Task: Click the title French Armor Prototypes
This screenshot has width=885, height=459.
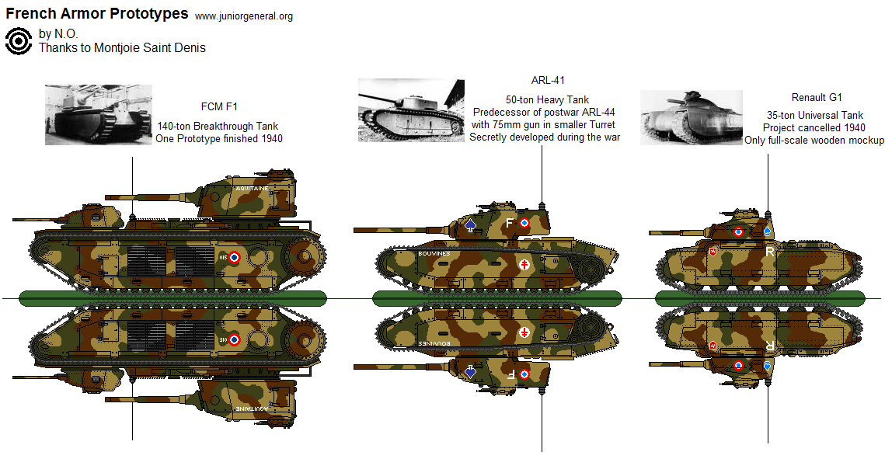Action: [x=97, y=14]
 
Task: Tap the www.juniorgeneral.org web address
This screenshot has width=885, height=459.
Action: [x=243, y=16]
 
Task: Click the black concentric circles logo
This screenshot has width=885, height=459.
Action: [x=18, y=41]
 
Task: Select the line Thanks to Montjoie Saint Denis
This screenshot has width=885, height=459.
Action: [x=122, y=48]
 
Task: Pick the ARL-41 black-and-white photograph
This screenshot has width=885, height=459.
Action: [x=411, y=110]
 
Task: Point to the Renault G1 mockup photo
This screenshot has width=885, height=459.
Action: [x=691, y=117]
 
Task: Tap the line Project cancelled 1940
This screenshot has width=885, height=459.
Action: [x=814, y=127]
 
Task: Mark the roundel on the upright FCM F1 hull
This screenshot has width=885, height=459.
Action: [x=234, y=259]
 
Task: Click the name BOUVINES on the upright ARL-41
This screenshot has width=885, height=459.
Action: [x=434, y=253]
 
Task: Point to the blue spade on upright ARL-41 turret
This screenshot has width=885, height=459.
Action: [x=470, y=225]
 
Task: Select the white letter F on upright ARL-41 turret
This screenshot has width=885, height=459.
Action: [x=510, y=224]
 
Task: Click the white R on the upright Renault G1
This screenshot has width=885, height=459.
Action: [x=769, y=252]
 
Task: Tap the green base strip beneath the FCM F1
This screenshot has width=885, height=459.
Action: [x=172, y=298]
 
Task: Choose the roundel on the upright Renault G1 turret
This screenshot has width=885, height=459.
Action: [x=738, y=231]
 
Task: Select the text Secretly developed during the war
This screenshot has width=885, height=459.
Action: [x=544, y=137]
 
